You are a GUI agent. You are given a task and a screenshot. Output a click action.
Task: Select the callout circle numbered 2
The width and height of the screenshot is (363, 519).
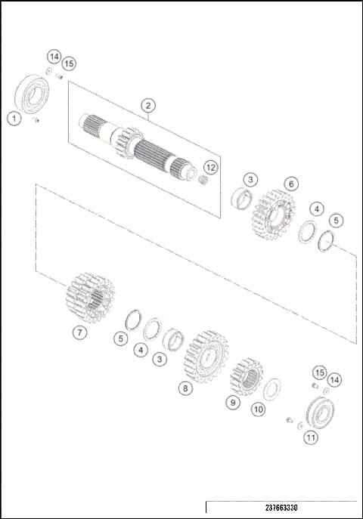click(x=148, y=105)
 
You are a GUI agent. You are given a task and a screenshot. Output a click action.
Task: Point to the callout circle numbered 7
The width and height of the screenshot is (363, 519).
click(x=80, y=332)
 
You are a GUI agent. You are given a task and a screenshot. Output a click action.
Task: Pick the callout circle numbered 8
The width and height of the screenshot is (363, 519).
click(x=184, y=388)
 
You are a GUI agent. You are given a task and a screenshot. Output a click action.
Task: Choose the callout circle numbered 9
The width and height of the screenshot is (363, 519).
click(x=233, y=403)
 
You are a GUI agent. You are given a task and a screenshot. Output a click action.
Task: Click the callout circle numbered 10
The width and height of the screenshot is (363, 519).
click(x=258, y=409)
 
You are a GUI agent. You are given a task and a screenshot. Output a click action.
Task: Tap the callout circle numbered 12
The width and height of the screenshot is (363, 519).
click(x=211, y=167)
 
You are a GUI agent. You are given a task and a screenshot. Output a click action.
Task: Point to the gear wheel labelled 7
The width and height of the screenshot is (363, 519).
click(x=90, y=298)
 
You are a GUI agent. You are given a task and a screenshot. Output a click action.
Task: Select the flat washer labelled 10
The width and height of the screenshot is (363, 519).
click(x=271, y=390)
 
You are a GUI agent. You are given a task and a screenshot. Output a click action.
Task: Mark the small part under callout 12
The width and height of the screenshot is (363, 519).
click(x=203, y=181)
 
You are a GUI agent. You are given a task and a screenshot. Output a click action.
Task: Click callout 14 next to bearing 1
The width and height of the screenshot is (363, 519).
click(x=53, y=57)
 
